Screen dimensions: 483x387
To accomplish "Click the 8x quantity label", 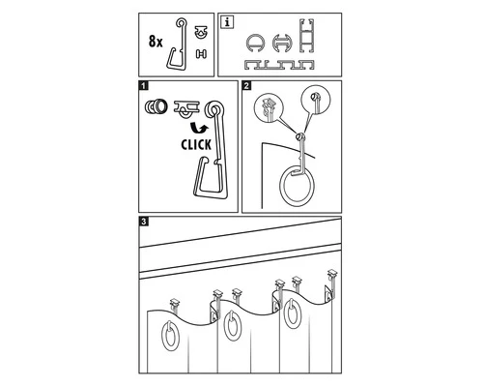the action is point(156,42).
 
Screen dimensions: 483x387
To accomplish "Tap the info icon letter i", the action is point(228,22).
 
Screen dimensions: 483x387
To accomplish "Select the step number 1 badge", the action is point(144,86).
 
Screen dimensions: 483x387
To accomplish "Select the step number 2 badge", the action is point(246,86).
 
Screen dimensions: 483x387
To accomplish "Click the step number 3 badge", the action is point(144,222).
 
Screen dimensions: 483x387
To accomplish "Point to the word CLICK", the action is point(196,145).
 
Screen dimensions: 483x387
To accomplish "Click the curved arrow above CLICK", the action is point(199,128).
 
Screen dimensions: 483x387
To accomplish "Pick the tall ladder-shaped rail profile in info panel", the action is point(307,36).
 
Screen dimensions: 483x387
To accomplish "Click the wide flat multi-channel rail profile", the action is point(279,65).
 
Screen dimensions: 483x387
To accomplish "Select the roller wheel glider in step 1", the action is point(156,106).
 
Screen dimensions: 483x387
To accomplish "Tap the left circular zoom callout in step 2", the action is point(269,106).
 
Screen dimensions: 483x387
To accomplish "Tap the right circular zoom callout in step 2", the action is point(316,100).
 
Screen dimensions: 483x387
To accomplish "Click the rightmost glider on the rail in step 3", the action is point(333,274).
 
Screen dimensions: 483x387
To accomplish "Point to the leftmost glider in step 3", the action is point(175,303).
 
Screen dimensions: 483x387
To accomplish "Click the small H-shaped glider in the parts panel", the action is point(201,54).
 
